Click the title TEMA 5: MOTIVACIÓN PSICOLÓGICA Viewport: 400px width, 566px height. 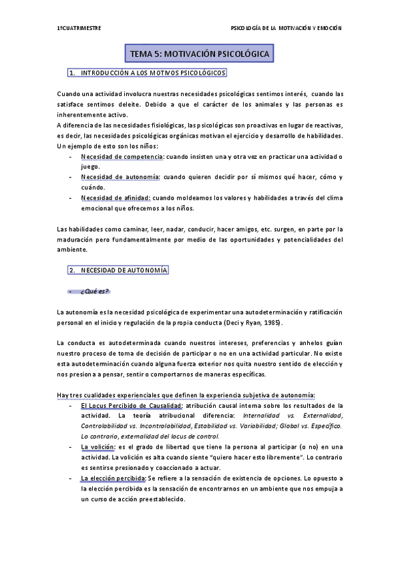click(200, 52)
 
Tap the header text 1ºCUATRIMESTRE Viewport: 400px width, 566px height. click(79, 28)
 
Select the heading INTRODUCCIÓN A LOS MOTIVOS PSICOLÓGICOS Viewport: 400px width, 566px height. click(153, 72)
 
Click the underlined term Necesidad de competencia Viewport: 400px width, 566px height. click(122, 156)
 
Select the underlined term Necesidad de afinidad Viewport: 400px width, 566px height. click(116, 198)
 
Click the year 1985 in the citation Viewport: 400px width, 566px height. click(270, 322)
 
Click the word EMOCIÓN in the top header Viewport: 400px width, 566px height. click(328, 28)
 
